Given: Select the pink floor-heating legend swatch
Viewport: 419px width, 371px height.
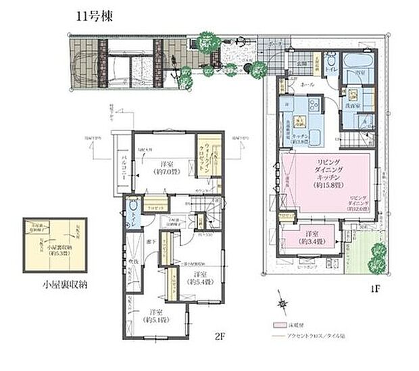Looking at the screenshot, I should pyautogui.click(x=278, y=325).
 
